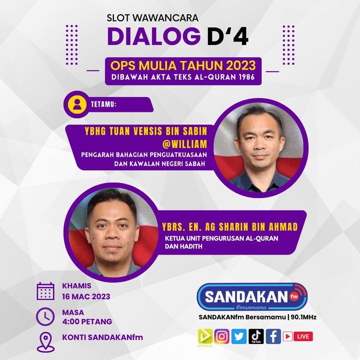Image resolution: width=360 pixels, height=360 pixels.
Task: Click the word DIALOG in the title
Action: pyautogui.click(x=153, y=36)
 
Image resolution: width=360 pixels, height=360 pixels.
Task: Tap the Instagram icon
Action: pyautogui.click(x=222, y=336)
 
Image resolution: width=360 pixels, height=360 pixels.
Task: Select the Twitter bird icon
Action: pyautogui.click(x=239, y=336)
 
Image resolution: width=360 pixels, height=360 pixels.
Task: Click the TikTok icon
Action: pyautogui.click(x=256, y=336)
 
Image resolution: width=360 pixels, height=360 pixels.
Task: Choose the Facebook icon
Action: pyautogui.click(x=273, y=336)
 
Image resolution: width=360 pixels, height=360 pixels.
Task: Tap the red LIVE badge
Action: pyautogui.click(x=303, y=336)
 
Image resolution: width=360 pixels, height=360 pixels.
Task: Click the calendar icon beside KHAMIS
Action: pyautogui.click(x=45, y=291)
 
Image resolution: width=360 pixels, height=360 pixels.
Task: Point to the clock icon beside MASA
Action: pyautogui.click(x=45, y=317)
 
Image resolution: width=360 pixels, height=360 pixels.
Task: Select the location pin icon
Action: pyautogui.click(x=45, y=342)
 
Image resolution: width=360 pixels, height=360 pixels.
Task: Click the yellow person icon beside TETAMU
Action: pyautogui.click(x=77, y=104)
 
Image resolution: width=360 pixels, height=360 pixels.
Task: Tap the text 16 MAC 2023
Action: pyautogui.click(x=86, y=296)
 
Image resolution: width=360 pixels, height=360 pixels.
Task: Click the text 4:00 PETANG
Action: pyautogui.click(x=87, y=321)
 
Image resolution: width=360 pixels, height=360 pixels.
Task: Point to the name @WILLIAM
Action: pyautogui.click(x=184, y=144)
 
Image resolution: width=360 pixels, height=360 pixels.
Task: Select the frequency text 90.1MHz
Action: pyautogui.click(x=303, y=317)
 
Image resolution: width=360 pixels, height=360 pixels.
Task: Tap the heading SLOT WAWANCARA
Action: pyautogui.click(x=152, y=18)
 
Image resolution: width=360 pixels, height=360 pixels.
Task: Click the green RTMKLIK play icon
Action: pyautogui.click(x=205, y=337)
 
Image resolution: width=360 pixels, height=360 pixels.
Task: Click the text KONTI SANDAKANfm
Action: pyautogui.click(x=102, y=337)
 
